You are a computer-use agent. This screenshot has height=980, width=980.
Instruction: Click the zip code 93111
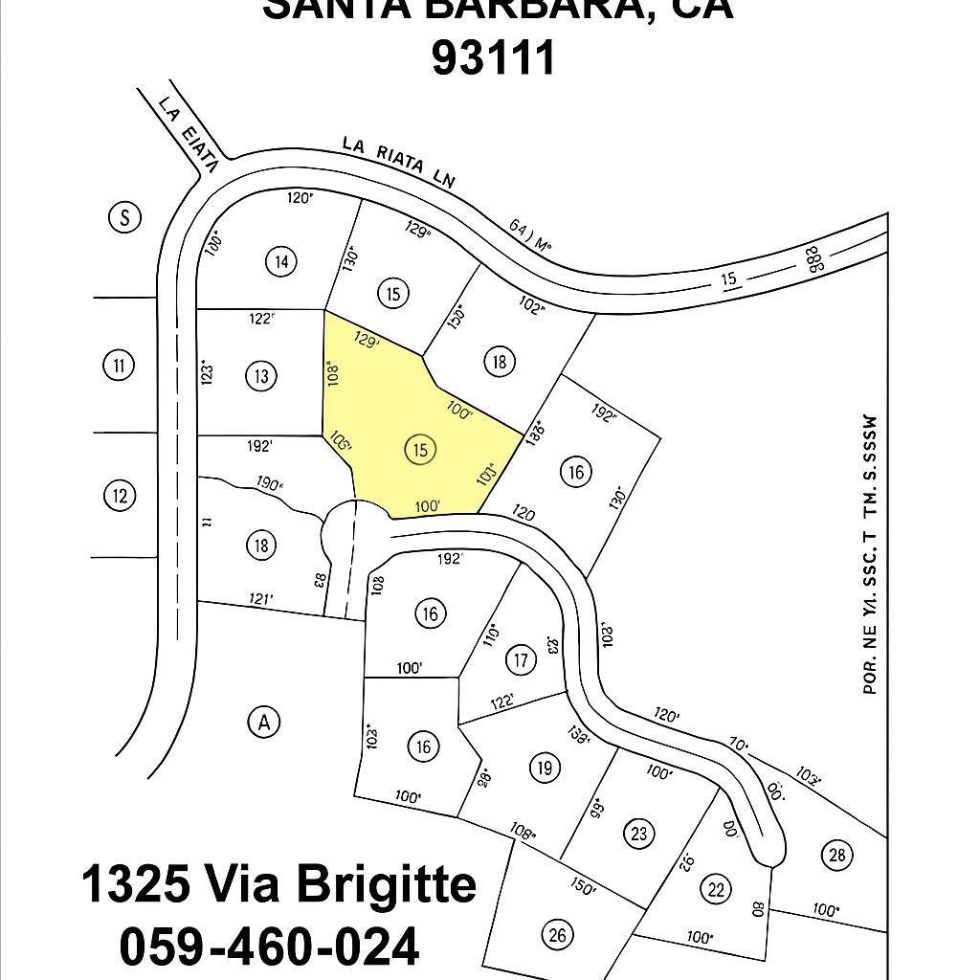pyautogui.click(x=493, y=57)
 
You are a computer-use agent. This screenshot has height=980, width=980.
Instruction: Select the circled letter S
pyautogui.click(x=123, y=217)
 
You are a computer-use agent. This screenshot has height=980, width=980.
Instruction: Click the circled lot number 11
pyautogui.click(x=118, y=365)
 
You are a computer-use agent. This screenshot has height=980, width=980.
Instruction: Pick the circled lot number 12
pyautogui.click(x=119, y=496)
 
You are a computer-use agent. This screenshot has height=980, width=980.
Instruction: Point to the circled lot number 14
pyautogui.click(x=280, y=261)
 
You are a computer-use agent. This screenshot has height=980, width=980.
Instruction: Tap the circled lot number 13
pyautogui.click(x=261, y=375)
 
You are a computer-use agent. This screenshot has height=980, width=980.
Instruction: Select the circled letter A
pyautogui.click(x=264, y=723)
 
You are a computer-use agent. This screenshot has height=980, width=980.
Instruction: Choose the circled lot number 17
pyautogui.click(x=521, y=659)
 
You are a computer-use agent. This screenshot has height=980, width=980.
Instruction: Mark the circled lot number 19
pyautogui.click(x=545, y=768)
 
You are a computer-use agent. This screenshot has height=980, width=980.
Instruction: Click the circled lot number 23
pyautogui.click(x=639, y=833)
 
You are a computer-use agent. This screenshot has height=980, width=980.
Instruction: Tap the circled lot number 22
pyautogui.click(x=715, y=888)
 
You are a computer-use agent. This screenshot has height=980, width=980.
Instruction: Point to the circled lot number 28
pyautogui.click(x=837, y=855)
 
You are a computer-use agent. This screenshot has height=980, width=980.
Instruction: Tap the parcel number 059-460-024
pyautogui.click(x=269, y=947)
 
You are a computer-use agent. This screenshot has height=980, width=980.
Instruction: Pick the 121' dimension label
pyautogui.click(x=260, y=599)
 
